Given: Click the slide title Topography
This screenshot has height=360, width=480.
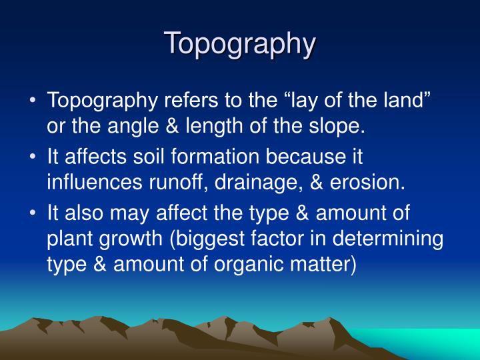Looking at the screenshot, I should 240,43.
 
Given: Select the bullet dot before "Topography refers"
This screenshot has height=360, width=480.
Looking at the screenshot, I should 33,101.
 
